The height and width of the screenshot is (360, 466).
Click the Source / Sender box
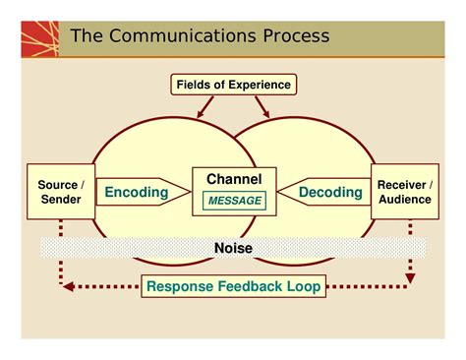[x=61, y=193]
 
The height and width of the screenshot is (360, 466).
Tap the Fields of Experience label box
[x=233, y=85]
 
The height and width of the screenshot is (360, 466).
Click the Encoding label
[x=137, y=193]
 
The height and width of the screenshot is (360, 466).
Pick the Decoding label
[x=331, y=193]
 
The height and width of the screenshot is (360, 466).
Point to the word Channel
[x=233, y=179]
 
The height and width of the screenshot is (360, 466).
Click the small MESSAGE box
[x=234, y=202]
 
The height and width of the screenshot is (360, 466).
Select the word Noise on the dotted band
[x=233, y=248]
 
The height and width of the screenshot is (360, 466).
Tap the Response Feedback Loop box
[x=233, y=288]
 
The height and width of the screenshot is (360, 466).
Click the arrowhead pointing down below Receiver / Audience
[x=410, y=278]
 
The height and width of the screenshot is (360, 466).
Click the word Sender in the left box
[x=61, y=201]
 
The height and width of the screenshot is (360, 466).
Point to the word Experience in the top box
[x=259, y=85]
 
